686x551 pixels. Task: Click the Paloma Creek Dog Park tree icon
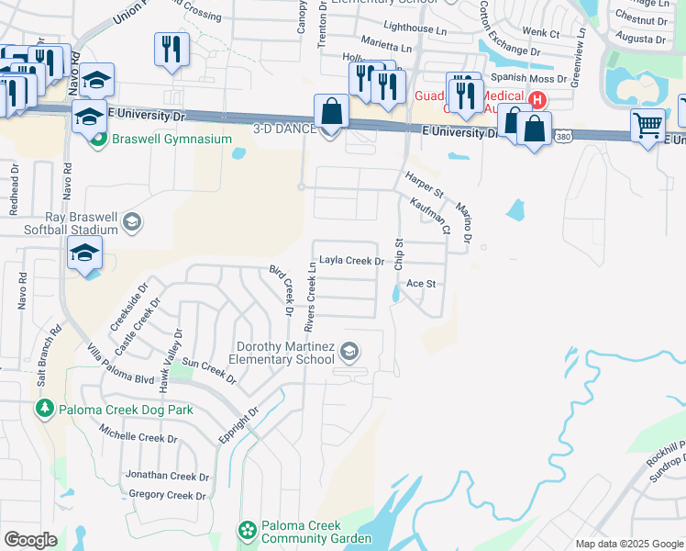[x=45, y=408]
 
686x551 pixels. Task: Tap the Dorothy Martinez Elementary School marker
[x=349, y=350]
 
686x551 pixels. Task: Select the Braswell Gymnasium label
[x=171, y=139]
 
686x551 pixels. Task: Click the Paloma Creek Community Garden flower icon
[x=246, y=530]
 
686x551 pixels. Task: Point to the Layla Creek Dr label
[x=350, y=261]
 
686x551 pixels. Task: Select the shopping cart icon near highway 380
[x=648, y=124]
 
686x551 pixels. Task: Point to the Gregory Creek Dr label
[x=168, y=495]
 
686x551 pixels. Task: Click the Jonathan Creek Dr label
[x=168, y=476]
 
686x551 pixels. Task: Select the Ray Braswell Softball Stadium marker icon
[x=132, y=221]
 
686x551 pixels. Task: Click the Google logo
[x=30, y=539]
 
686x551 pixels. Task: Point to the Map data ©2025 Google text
[x=629, y=544]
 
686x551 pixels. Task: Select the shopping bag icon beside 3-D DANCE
[x=332, y=112]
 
